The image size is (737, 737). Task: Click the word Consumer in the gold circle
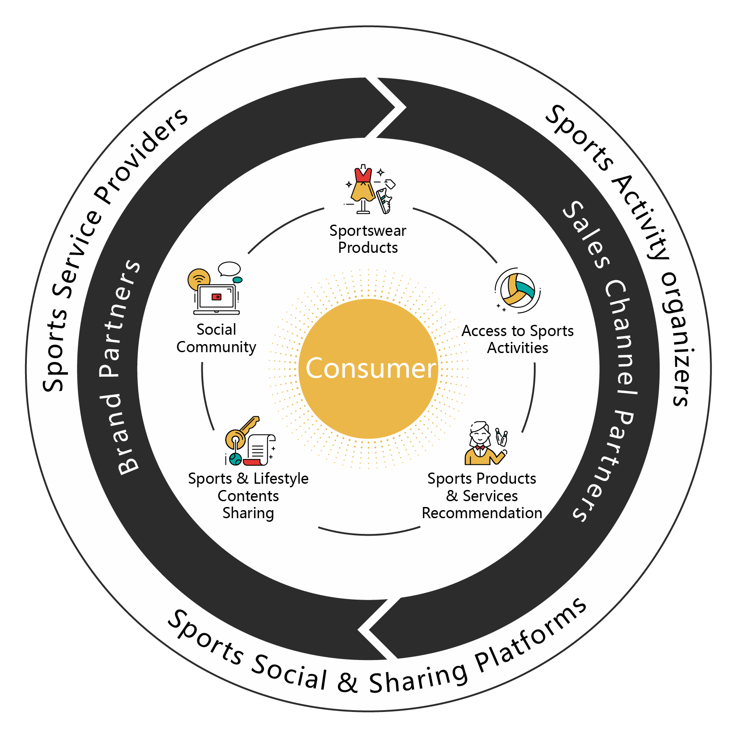coord(371,368)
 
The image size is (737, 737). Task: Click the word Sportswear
coord(368,231)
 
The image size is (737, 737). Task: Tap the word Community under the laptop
coord(216,347)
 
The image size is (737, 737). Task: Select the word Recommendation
coord(482,513)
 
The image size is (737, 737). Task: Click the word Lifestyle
coord(281,479)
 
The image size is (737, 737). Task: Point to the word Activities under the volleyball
coord(517,348)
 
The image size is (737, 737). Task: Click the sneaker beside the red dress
coord(384,200)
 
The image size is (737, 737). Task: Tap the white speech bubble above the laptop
coord(229,269)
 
